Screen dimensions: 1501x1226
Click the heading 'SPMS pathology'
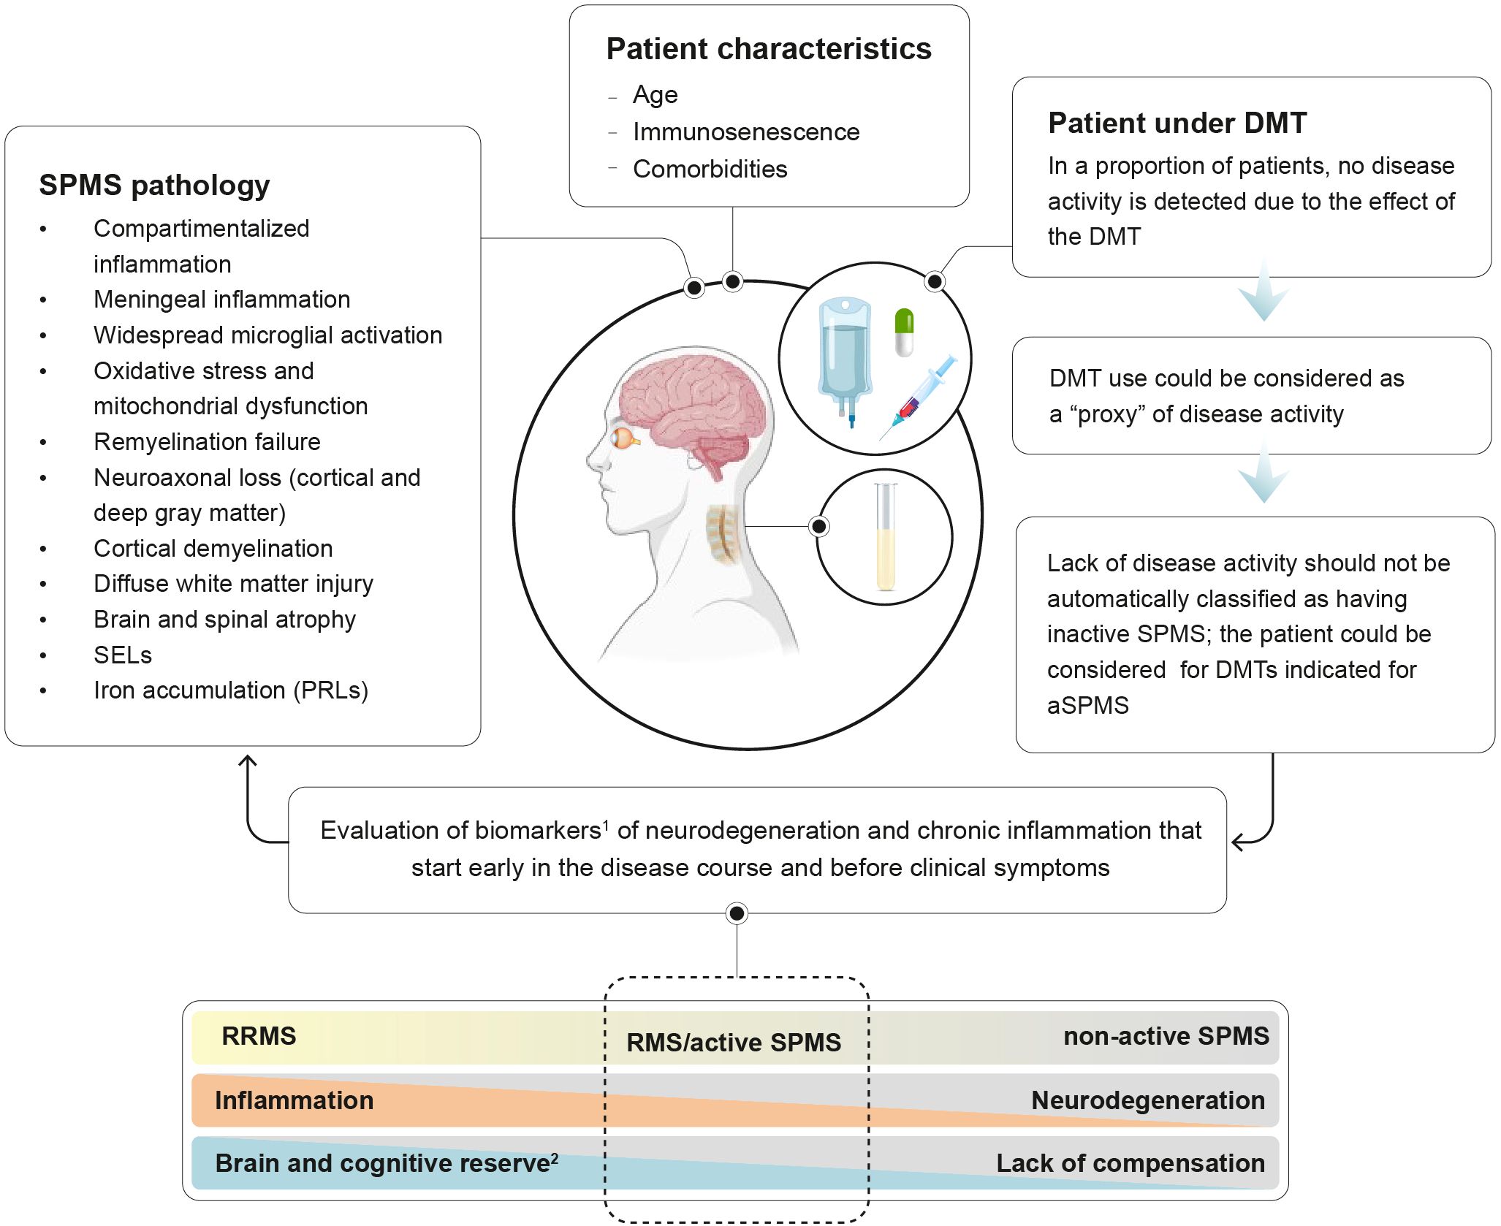click(x=154, y=186)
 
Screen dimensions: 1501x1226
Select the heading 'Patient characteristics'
click(x=769, y=49)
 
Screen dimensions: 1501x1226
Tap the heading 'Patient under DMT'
click(x=1177, y=123)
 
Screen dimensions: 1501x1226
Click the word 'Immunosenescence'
click(x=746, y=132)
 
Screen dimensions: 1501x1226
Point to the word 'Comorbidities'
click(x=710, y=169)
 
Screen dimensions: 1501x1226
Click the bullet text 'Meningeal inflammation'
click(x=222, y=300)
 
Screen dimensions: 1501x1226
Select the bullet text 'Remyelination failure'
click(x=207, y=442)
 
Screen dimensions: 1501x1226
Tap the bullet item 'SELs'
click(x=123, y=655)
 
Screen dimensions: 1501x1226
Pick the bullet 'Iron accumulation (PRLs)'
click(x=231, y=690)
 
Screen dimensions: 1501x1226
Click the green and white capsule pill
click(x=904, y=332)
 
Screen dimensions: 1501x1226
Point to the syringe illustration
click(x=918, y=396)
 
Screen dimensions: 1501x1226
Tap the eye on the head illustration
click(x=625, y=438)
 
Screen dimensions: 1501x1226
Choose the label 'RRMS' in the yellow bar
click(x=259, y=1036)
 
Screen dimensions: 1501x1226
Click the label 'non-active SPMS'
click(x=1166, y=1036)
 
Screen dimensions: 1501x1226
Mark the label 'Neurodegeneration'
click(x=1148, y=1100)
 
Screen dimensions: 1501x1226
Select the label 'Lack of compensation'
click(x=1130, y=1163)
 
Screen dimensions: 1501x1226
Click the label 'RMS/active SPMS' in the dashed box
click(x=734, y=1043)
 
